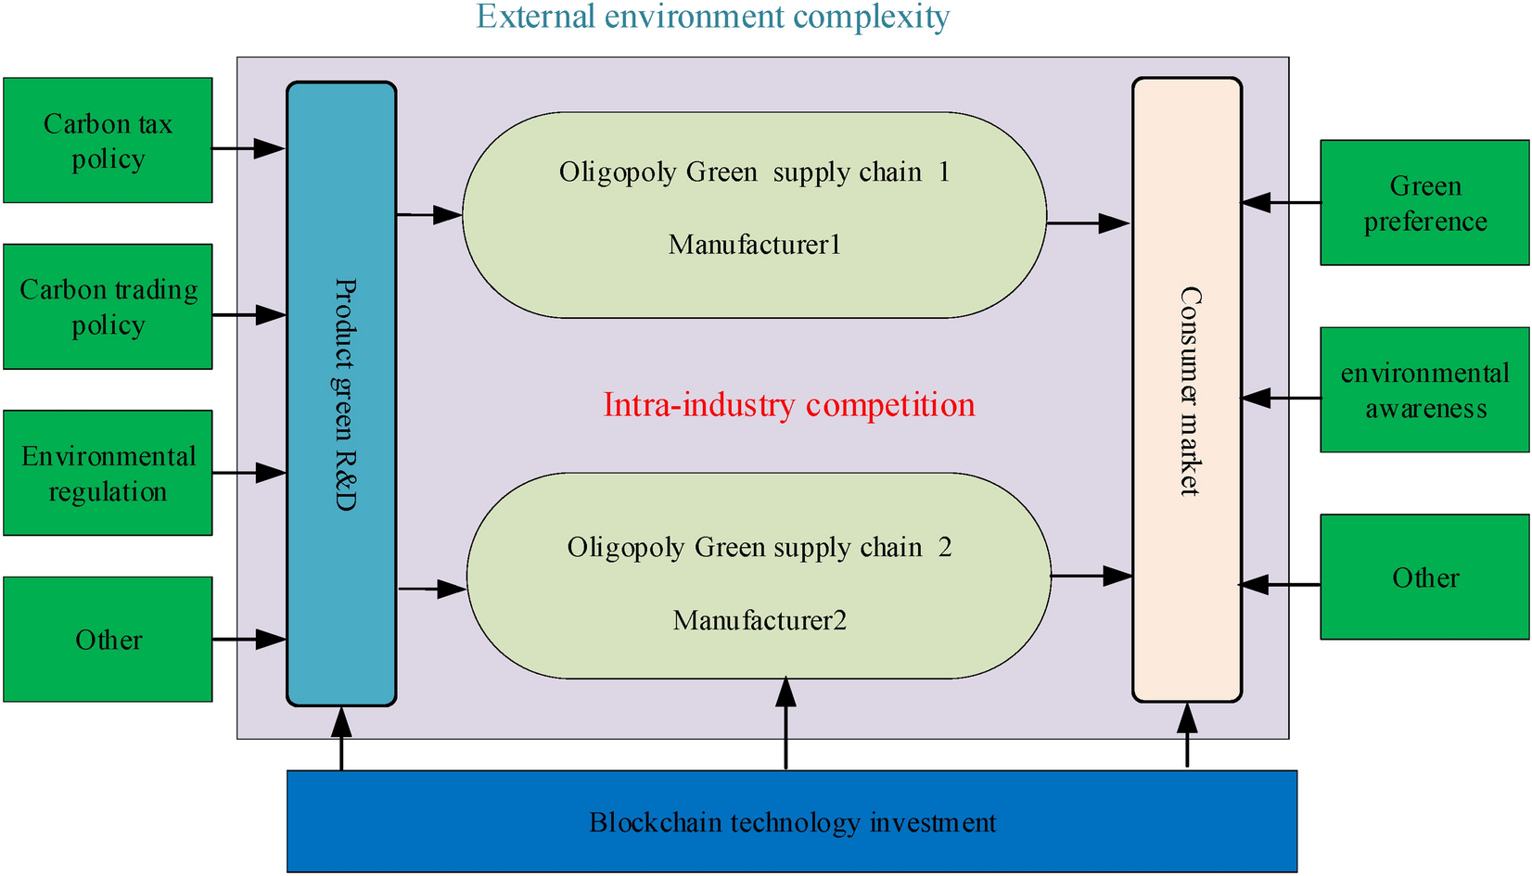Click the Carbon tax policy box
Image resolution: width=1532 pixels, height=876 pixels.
coord(108,140)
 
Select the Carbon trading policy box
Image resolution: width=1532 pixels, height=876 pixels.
coord(108,307)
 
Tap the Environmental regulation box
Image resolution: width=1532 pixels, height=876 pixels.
coord(108,473)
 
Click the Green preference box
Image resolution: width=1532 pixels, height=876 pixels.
coord(1424,203)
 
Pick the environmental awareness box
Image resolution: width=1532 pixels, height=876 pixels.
coord(1424,390)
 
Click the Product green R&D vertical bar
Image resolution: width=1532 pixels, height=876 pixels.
coord(341,394)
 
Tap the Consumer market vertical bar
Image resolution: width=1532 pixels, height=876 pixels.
coord(1187,390)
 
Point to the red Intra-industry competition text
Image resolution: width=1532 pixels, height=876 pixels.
coord(788,405)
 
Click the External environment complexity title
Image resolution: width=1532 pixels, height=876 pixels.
coord(712,17)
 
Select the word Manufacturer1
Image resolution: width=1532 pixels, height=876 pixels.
coord(754,245)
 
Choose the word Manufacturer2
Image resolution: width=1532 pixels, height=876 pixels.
coord(760,620)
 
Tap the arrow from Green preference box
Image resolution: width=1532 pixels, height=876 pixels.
coord(1281,202)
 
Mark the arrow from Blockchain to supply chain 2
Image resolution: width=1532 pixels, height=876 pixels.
coord(785,724)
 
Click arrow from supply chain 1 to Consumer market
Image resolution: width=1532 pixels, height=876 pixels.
coord(1088,222)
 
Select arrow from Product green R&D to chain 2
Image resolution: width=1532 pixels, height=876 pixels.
coord(431,589)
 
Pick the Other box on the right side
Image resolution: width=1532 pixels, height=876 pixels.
coord(1424,578)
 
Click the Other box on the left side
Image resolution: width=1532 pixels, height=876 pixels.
coord(108,640)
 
